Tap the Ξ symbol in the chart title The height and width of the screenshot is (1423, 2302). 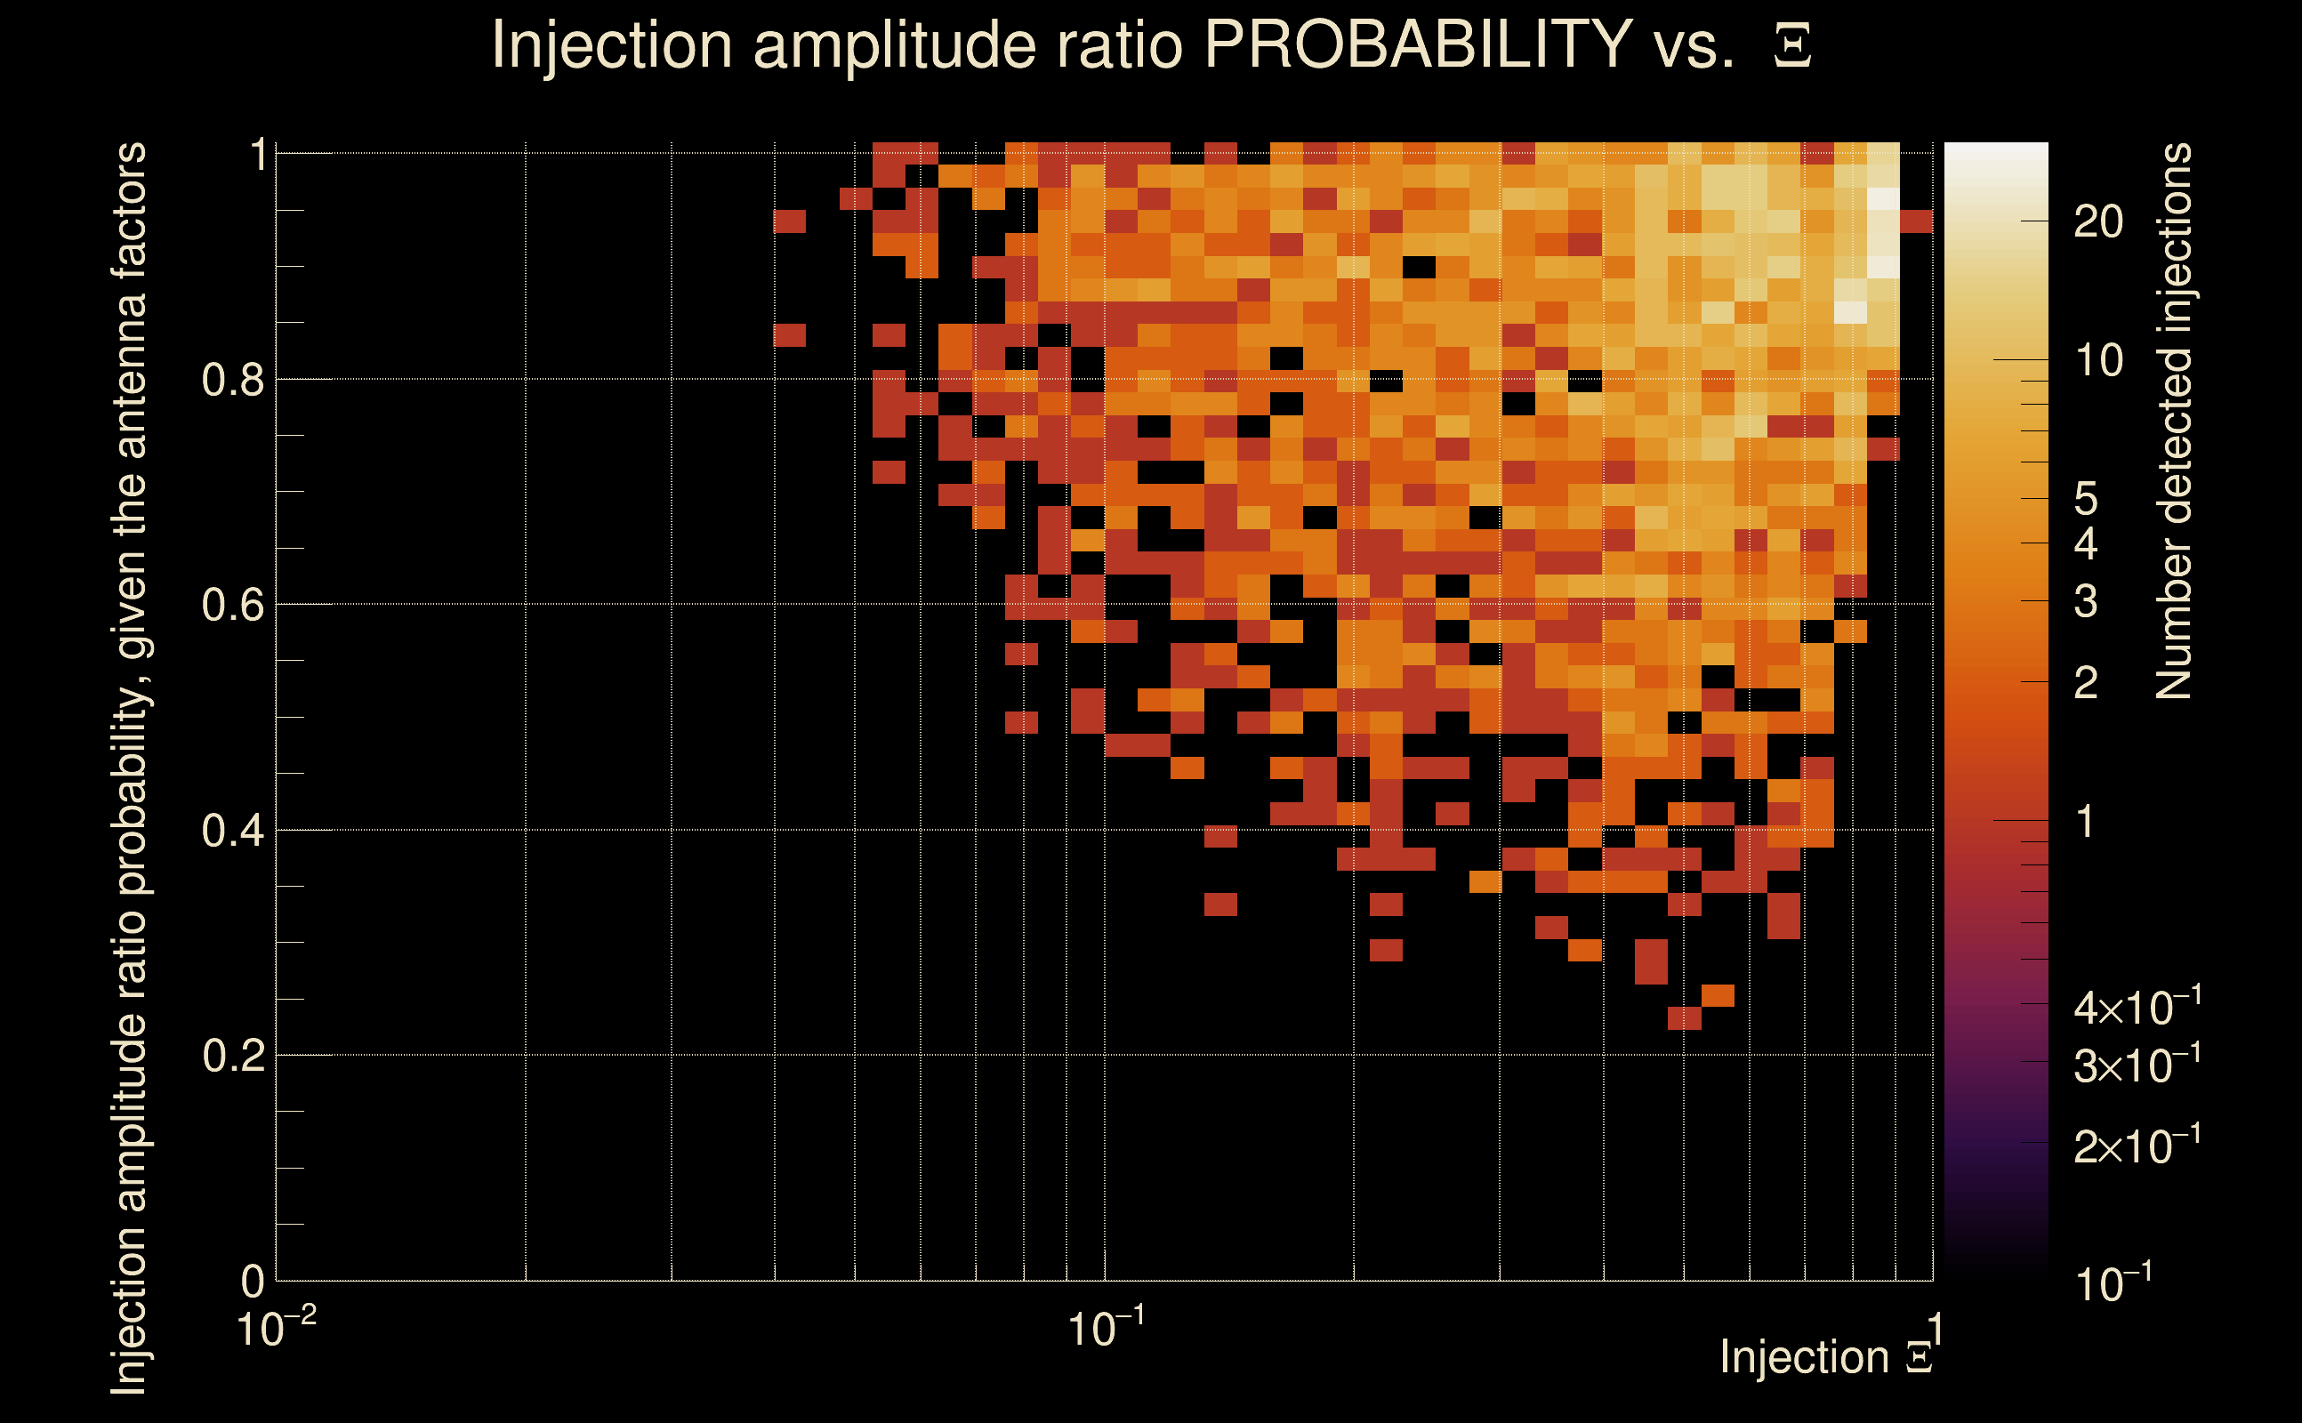pos(1792,46)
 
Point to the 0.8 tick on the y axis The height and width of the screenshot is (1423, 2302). pos(232,381)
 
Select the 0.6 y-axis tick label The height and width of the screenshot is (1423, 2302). pos(232,605)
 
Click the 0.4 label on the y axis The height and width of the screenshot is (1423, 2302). pos(232,831)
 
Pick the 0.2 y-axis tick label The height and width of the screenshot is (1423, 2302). pos(232,1056)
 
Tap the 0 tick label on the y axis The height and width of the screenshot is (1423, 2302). pos(253,1281)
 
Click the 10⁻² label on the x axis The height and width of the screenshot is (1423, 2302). pos(275,1329)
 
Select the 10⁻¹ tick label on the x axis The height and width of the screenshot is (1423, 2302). pos(1106,1329)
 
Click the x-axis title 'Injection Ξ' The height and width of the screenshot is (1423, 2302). pos(1826,1357)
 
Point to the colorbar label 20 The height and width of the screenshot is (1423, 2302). pos(2097,222)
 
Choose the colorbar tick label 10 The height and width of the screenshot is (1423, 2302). pos(2097,360)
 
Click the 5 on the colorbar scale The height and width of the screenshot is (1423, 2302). pos(2086,499)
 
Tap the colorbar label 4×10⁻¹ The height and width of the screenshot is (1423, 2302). pos(2137,1007)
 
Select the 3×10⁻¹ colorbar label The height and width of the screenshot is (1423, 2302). pos(2137,1065)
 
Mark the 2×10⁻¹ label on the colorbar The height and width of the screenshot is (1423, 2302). pos(2137,1146)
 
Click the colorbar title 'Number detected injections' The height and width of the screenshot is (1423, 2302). pos(2174,421)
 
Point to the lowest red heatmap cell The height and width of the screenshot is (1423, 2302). pos(1684,1018)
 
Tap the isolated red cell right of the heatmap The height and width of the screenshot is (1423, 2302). pos(1916,222)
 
